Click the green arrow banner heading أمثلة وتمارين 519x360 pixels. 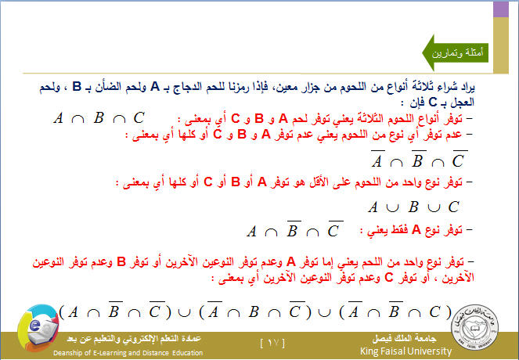(456, 52)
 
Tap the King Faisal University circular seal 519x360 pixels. (475, 328)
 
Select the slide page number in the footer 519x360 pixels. (272, 343)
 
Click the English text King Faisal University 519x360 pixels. (405, 351)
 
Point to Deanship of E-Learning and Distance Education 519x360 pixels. (128, 353)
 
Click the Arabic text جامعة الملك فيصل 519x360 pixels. (404, 338)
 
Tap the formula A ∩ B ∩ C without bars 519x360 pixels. (99, 118)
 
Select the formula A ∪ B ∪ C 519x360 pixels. (414, 207)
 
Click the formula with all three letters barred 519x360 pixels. (419, 159)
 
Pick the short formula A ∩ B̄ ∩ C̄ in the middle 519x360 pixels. (295, 229)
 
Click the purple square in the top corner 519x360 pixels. (501, 9)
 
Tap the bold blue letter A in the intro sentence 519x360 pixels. (155, 87)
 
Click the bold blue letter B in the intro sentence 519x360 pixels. (77, 87)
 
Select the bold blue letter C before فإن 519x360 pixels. (433, 103)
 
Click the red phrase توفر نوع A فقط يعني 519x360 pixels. (411, 229)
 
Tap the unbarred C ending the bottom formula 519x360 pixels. (434, 311)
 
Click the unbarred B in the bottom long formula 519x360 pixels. (254, 311)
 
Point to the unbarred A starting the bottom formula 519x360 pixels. (73, 311)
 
